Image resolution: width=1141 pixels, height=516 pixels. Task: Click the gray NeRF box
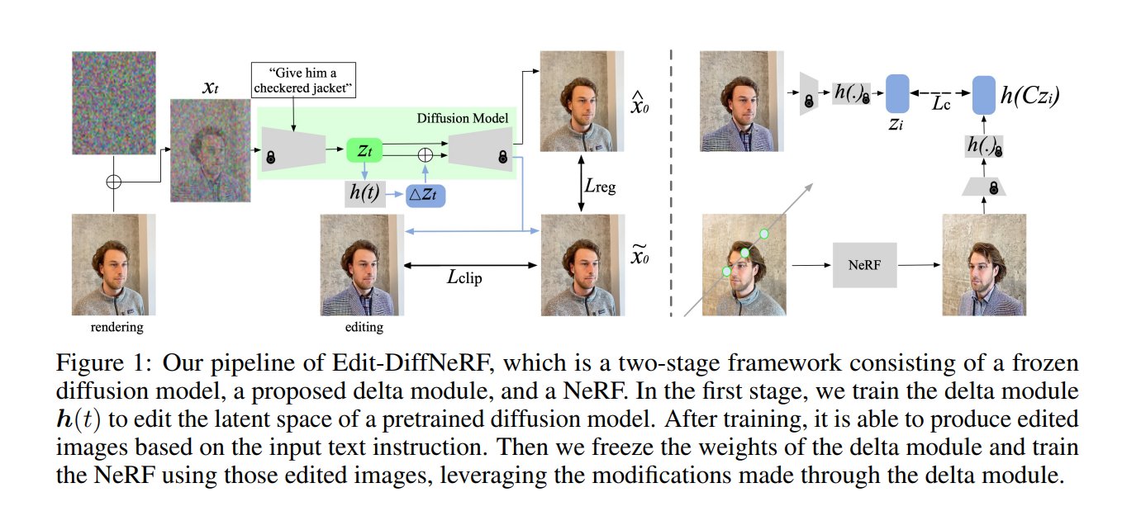(x=864, y=265)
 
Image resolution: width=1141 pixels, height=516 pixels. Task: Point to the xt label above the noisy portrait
(x=210, y=86)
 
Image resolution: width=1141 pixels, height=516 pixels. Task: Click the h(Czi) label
(x=1029, y=97)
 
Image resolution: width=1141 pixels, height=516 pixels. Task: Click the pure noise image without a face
(x=112, y=102)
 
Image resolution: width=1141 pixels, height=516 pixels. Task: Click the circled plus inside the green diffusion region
(x=425, y=154)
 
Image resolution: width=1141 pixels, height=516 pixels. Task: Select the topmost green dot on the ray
(x=764, y=234)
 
